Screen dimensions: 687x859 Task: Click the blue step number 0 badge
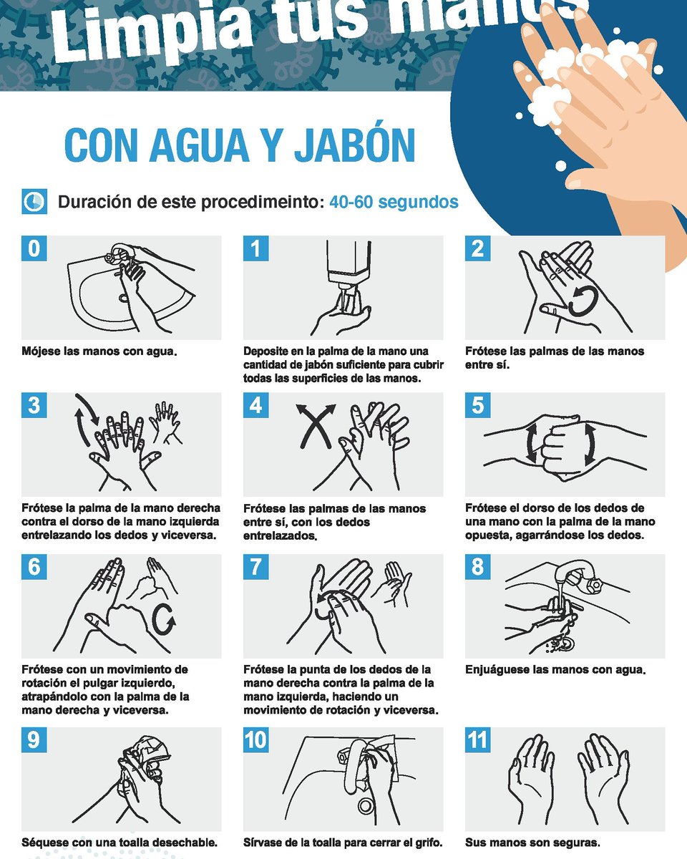click(x=34, y=248)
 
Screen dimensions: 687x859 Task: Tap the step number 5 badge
click(x=477, y=405)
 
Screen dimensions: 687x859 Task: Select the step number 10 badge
click(x=256, y=739)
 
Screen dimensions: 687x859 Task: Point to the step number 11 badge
click(x=477, y=739)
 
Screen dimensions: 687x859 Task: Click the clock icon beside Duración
click(x=34, y=202)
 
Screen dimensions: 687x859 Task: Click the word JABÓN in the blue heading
click(x=354, y=146)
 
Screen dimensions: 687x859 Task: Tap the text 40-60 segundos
click(x=394, y=202)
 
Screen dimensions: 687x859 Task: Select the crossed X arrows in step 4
click(x=316, y=426)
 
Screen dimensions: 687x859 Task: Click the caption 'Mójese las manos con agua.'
click(x=99, y=351)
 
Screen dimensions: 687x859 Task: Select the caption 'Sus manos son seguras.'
click(x=532, y=843)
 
